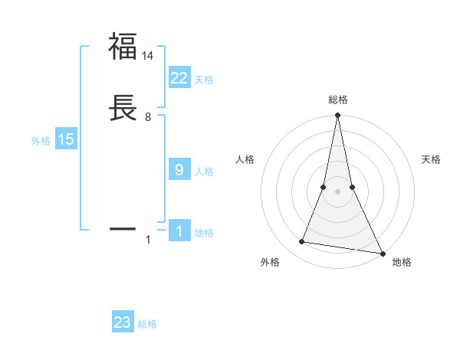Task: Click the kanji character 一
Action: tap(123, 228)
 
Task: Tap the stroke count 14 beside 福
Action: tap(149, 56)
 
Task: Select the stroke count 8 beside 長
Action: tap(148, 117)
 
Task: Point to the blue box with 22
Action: tap(179, 78)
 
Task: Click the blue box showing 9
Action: tap(179, 170)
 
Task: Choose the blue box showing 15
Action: tap(66, 139)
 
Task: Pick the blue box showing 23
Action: tap(123, 322)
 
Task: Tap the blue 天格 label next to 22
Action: tap(204, 80)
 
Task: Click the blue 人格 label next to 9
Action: tap(204, 172)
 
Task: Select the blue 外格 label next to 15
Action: tap(41, 141)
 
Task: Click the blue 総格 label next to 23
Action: tap(147, 324)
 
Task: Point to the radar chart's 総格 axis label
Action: tap(338, 100)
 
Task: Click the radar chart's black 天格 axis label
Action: tap(432, 159)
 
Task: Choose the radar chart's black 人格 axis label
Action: tap(245, 159)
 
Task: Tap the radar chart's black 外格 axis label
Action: tap(270, 262)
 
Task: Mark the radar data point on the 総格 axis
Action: tap(337, 116)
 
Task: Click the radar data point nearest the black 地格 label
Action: tap(382, 253)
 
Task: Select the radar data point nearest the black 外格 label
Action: tap(302, 242)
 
